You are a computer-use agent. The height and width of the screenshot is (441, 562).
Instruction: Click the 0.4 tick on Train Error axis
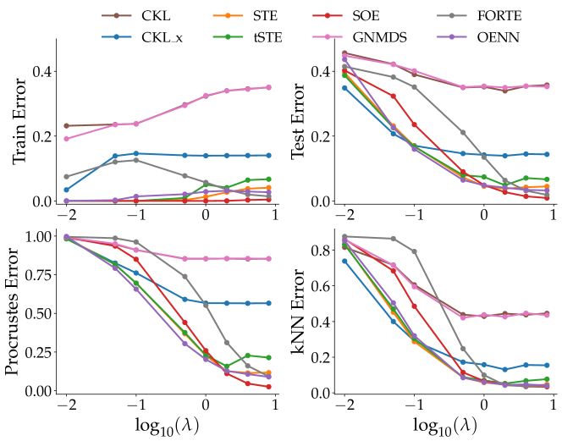pos(40,71)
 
